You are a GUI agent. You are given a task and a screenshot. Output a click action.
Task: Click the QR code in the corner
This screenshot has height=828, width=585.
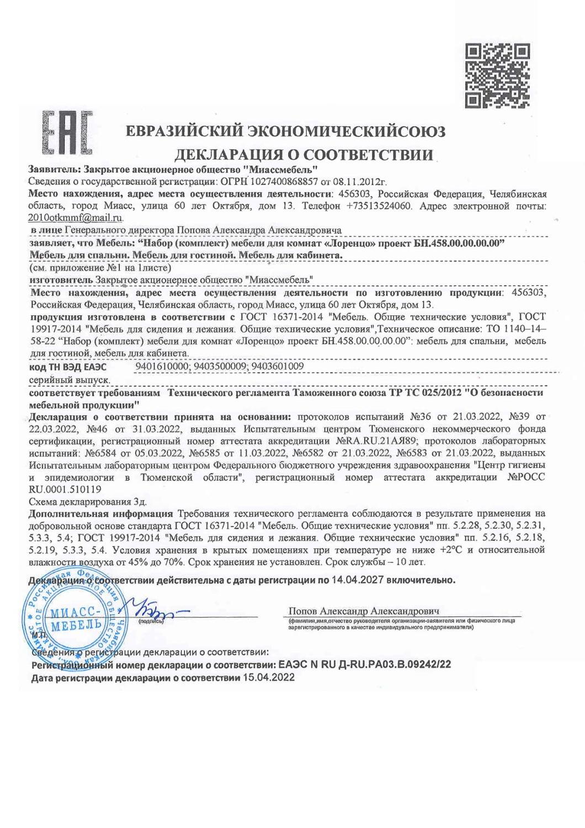pyautogui.click(x=498, y=76)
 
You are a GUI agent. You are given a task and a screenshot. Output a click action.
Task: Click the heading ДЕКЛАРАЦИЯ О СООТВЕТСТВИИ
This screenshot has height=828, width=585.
pyautogui.click(x=304, y=154)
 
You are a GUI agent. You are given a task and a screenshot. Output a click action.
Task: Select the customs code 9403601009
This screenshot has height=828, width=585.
pyautogui.click(x=279, y=366)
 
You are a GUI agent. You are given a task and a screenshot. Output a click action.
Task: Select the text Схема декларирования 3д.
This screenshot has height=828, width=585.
pyautogui.click(x=87, y=502)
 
